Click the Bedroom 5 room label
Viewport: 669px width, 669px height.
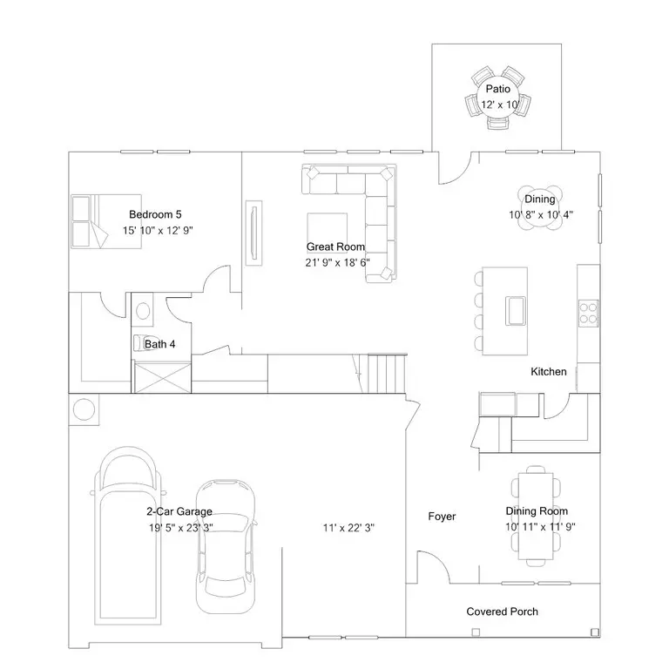[x=155, y=214]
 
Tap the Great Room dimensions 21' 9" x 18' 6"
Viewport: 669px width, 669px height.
[x=337, y=262]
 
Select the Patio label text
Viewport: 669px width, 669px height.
[x=498, y=89]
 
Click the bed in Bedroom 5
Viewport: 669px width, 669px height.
[x=106, y=221]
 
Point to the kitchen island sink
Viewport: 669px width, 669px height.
[x=516, y=311]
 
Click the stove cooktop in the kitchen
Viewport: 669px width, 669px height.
[x=588, y=314]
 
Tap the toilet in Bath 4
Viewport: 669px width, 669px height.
[x=141, y=342]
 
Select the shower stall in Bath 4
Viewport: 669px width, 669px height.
[x=163, y=377]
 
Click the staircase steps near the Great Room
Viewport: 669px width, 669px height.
[x=387, y=373]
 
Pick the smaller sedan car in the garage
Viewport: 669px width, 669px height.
[x=226, y=546]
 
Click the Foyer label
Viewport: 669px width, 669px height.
[x=442, y=517]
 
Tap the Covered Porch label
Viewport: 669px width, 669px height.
[x=502, y=612]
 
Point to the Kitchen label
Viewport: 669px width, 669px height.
[x=549, y=372]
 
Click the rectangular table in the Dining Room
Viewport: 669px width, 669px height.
[x=536, y=517]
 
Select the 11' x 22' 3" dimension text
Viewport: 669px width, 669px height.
[x=348, y=528]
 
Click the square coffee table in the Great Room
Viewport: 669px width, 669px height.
[x=328, y=233]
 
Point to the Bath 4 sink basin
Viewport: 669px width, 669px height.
[x=143, y=310]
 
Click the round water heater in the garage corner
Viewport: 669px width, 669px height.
[x=84, y=409]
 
